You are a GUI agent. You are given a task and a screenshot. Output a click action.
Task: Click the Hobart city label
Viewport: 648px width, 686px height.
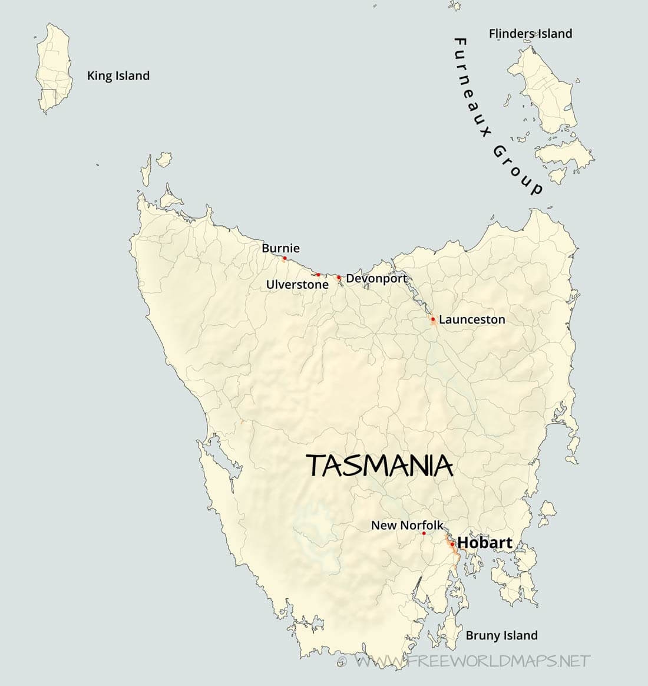tap(484, 542)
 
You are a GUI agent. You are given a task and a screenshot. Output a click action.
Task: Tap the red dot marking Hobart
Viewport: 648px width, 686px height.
tap(452, 544)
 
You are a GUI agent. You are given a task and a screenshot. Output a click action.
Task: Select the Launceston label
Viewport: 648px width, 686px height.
tap(472, 319)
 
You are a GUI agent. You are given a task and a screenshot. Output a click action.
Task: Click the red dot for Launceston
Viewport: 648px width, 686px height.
tap(433, 319)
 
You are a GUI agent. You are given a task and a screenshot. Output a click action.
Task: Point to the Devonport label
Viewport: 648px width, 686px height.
tap(376, 279)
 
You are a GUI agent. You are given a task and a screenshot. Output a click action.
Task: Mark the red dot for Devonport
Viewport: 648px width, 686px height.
tap(339, 277)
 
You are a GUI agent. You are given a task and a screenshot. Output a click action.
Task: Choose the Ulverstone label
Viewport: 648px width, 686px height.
tap(297, 285)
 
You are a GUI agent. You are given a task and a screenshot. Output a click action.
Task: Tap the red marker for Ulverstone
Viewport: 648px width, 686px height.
tap(318, 275)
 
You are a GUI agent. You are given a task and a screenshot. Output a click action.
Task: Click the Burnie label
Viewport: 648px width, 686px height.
tap(280, 248)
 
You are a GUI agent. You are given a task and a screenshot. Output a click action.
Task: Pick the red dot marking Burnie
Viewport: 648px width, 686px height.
tap(285, 258)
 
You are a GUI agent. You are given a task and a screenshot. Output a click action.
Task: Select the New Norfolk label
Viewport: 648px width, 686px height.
tap(406, 525)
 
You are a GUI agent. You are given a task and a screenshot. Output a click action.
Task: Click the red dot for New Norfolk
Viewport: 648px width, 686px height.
tap(424, 533)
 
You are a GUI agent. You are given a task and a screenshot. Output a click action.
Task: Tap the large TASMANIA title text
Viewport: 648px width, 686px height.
tap(380, 466)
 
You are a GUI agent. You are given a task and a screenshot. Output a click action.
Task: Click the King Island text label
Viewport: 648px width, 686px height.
tap(118, 75)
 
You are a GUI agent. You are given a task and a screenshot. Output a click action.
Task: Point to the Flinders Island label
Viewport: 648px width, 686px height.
tap(530, 34)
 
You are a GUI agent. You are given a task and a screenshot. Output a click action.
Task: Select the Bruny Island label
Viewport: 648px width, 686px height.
tap(501, 635)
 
